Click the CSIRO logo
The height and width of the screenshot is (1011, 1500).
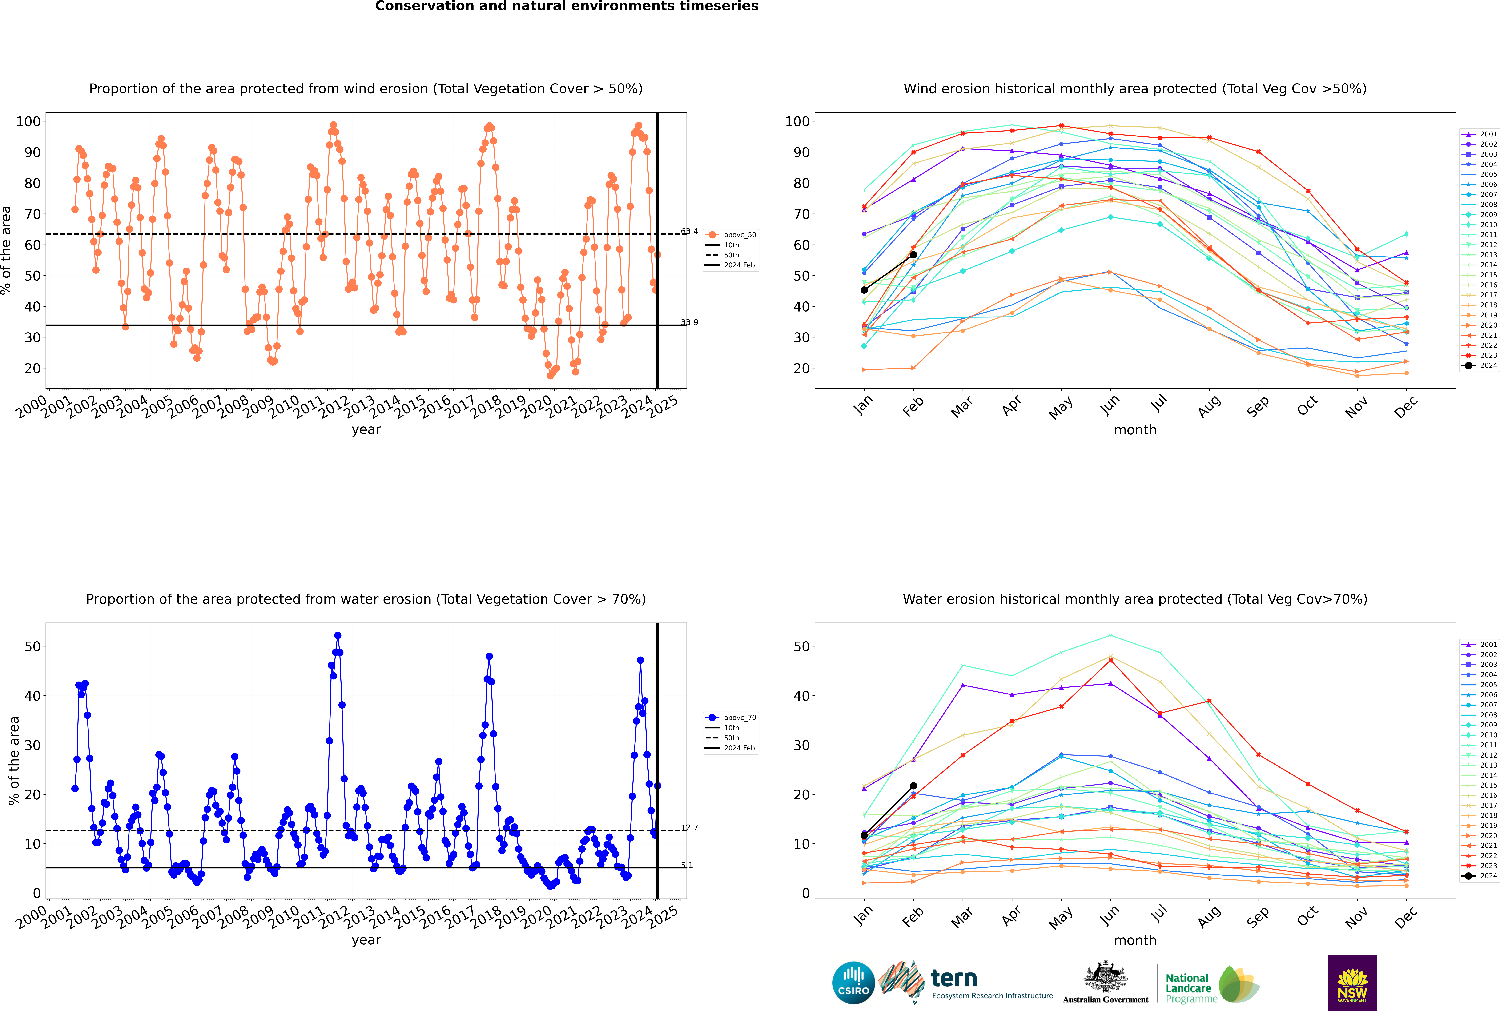tap(853, 983)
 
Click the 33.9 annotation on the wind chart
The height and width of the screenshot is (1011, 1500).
tap(689, 322)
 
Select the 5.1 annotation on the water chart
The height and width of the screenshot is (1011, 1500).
tap(687, 865)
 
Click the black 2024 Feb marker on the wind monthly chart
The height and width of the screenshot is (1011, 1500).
tap(913, 255)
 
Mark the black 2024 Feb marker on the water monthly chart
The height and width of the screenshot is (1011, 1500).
tap(913, 786)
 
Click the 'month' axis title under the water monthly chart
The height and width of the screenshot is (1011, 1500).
tap(1135, 941)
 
